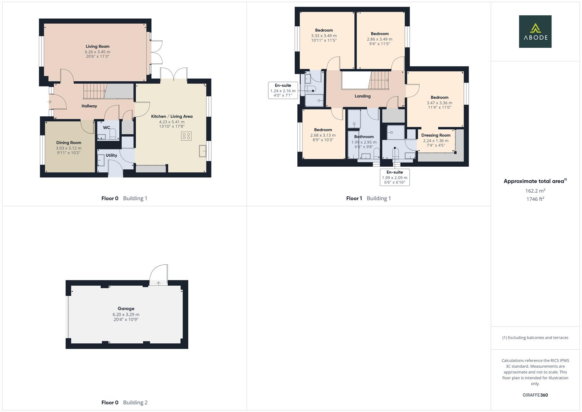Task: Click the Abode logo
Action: pyautogui.click(x=535, y=32)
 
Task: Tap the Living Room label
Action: pyautogui.click(x=98, y=47)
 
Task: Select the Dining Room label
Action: pyautogui.click(x=69, y=143)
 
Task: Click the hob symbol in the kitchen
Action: pyautogui.click(x=186, y=136)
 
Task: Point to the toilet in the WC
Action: pyautogui.click(x=112, y=135)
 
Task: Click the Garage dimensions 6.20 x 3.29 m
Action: pyautogui.click(x=126, y=314)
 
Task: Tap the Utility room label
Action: pyautogui.click(x=111, y=155)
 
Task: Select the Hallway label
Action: pyautogui.click(x=89, y=106)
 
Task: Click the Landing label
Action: pyautogui.click(x=362, y=96)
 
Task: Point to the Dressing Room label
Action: pyautogui.click(x=436, y=135)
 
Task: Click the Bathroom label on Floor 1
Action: pyautogui.click(x=364, y=137)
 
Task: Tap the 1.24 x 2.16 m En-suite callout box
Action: pyautogui.click(x=283, y=90)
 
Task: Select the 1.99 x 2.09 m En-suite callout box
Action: pyautogui.click(x=394, y=177)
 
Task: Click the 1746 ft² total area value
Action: pyautogui.click(x=535, y=199)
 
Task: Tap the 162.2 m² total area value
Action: pyautogui.click(x=535, y=191)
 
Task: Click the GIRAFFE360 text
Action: pyautogui.click(x=535, y=395)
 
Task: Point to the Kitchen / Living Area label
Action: pyautogui.click(x=172, y=116)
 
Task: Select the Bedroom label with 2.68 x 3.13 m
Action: pyautogui.click(x=323, y=130)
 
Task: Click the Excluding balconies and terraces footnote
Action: pyautogui.click(x=535, y=338)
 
